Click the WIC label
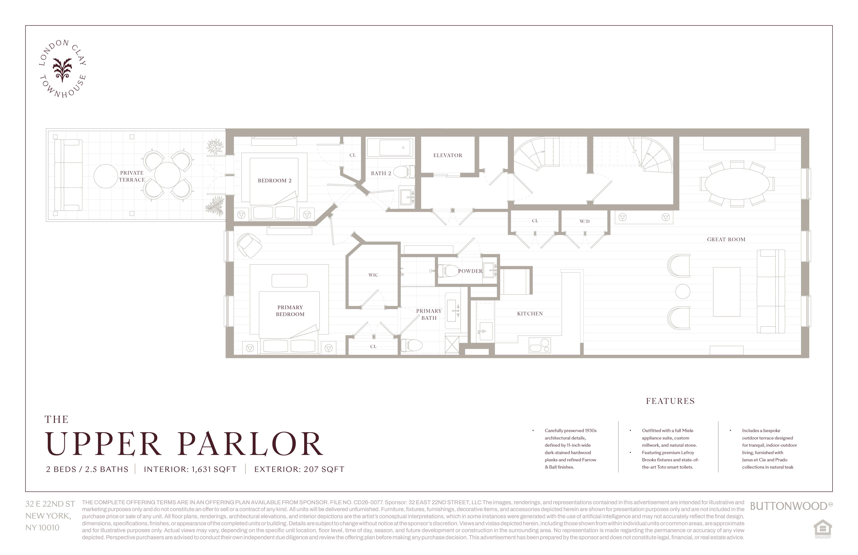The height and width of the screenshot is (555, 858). pyautogui.click(x=373, y=275)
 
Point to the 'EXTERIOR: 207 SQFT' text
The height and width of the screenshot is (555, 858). pyautogui.click(x=299, y=469)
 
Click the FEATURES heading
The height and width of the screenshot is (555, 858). pyautogui.click(x=670, y=401)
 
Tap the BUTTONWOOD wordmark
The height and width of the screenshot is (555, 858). pyautogui.click(x=788, y=506)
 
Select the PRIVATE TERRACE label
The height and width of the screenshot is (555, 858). pyautogui.click(x=132, y=176)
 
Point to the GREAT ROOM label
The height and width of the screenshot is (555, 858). pyautogui.click(x=726, y=239)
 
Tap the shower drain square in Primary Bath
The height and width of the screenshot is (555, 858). pyautogui.click(x=452, y=345)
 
